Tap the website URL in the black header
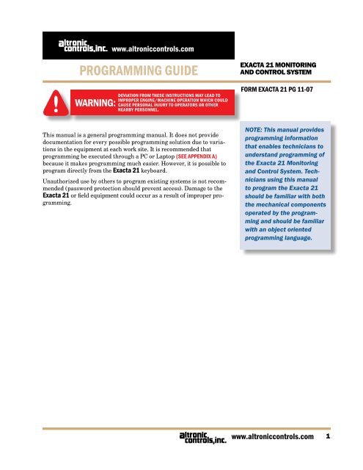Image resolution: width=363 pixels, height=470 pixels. click(152, 50)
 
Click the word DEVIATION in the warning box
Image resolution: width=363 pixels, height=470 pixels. click(133, 95)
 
